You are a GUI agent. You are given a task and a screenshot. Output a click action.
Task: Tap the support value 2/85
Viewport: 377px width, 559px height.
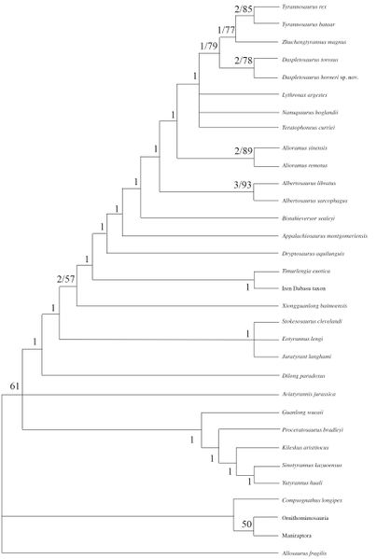(244, 9)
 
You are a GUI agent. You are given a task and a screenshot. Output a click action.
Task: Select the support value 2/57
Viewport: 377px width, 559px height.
(67, 279)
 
